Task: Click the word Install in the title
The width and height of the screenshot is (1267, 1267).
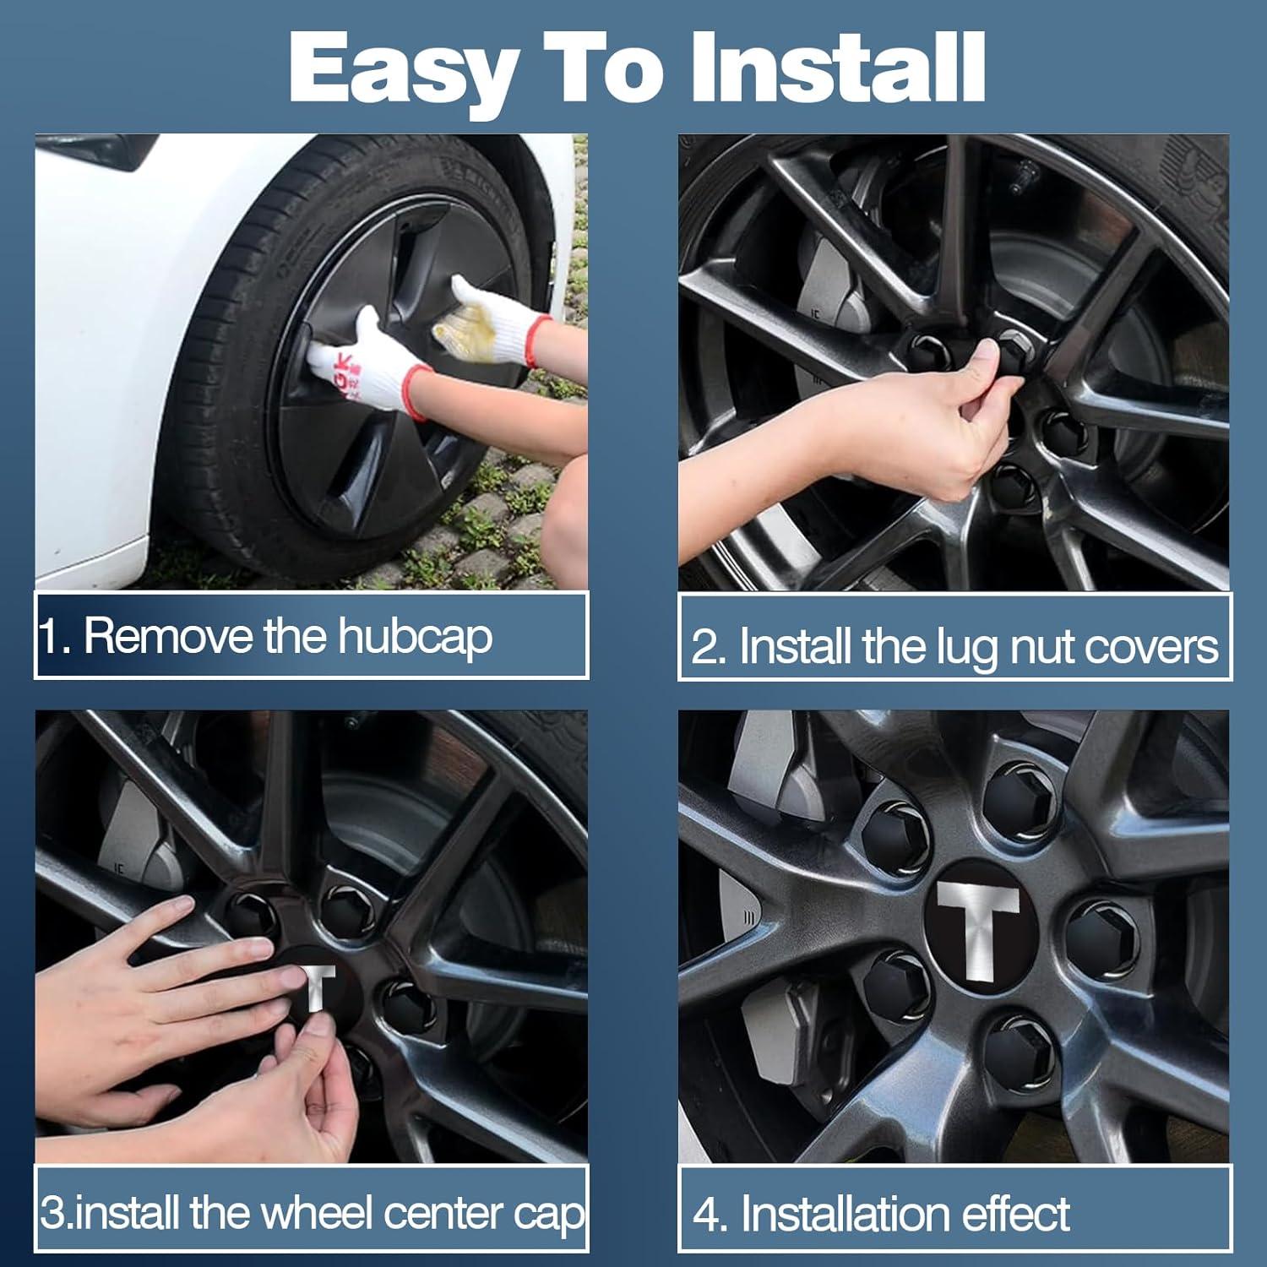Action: pos(836,68)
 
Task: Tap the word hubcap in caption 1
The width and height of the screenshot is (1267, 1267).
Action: pos(415,637)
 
